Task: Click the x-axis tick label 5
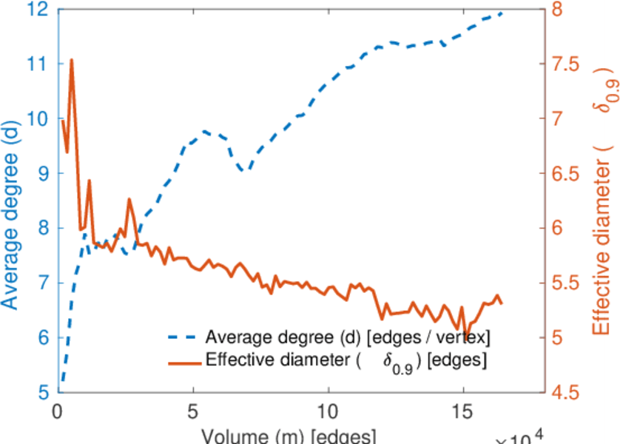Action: [x=193, y=410]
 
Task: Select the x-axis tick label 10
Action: [x=328, y=410]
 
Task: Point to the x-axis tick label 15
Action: [x=463, y=410]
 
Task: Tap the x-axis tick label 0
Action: [x=58, y=410]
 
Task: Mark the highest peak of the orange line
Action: [x=71, y=60]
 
